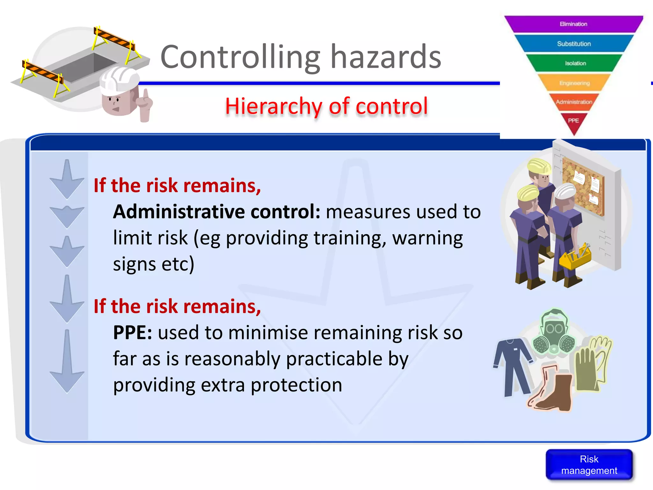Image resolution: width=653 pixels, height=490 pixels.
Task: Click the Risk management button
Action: pyautogui.click(x=589, y=464)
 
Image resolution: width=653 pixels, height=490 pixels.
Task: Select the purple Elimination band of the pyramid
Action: pyautogui.click(x=573, y=24)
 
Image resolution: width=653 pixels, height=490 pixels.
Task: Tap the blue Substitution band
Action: pyautogui.click(x=574, y=44)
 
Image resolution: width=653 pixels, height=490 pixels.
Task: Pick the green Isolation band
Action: pyautogui.click(x=575, y=63)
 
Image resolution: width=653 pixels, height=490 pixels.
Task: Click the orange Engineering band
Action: pyautogui.click(x=574, y=83)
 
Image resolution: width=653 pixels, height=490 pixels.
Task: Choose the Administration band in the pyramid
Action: pyautogui.click(x=574, y=102)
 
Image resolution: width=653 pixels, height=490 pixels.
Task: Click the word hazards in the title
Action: pyautogui.click(x=386, y=57)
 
